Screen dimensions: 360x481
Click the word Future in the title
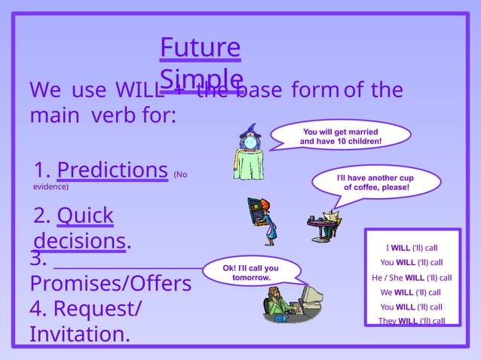pos(200,48)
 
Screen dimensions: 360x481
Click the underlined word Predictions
pos(112,169)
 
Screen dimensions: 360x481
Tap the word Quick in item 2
pos(84,216)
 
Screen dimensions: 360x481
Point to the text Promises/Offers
pos(111,284)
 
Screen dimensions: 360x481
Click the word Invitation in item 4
pos(78,334)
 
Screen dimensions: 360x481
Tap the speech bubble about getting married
pos(341,136)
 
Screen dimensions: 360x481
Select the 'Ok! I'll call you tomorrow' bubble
pos(251,273)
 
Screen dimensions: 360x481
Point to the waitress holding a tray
pos(261,219)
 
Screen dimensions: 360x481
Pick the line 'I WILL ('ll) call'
pos(412,247)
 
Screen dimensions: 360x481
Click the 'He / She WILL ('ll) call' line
pos(412,277)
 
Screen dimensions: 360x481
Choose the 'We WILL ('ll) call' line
pos(411,292)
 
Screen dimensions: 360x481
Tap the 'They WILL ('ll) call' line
pos(411,321)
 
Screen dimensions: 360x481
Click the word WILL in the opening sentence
pos(139,90)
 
